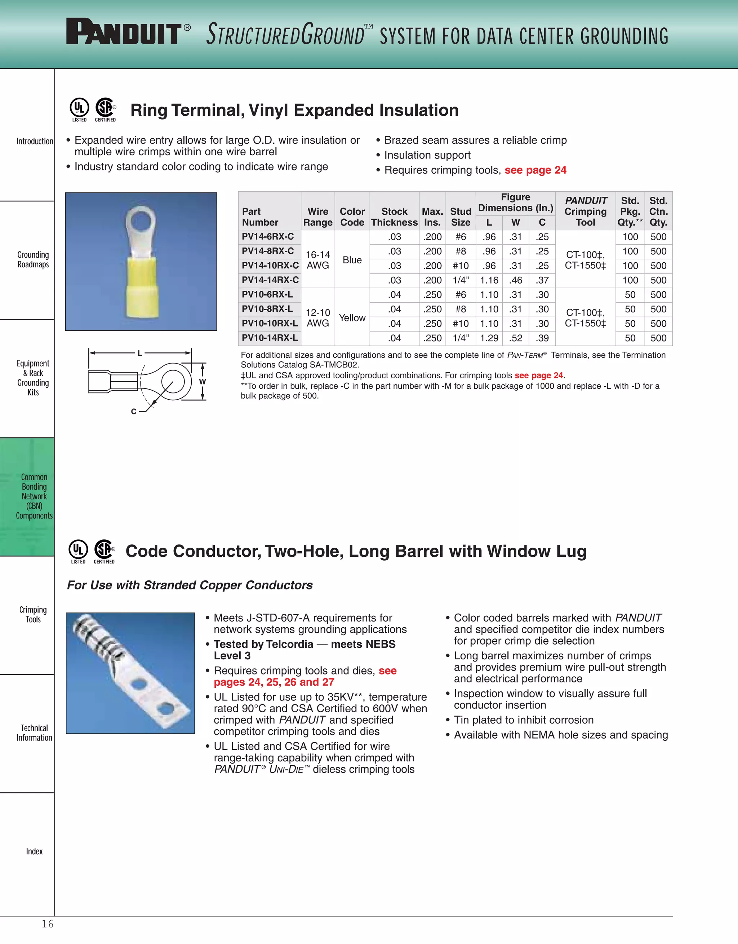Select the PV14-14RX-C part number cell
270,280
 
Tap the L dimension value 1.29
489,338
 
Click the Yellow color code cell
352,318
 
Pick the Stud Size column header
461,217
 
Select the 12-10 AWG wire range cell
318,318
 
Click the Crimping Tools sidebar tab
33,614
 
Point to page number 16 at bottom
48,924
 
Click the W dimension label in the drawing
202,381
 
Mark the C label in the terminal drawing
134,411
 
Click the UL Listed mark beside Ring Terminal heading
79,108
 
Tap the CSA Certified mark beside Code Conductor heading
104,550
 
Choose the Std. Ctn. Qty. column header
658,211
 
